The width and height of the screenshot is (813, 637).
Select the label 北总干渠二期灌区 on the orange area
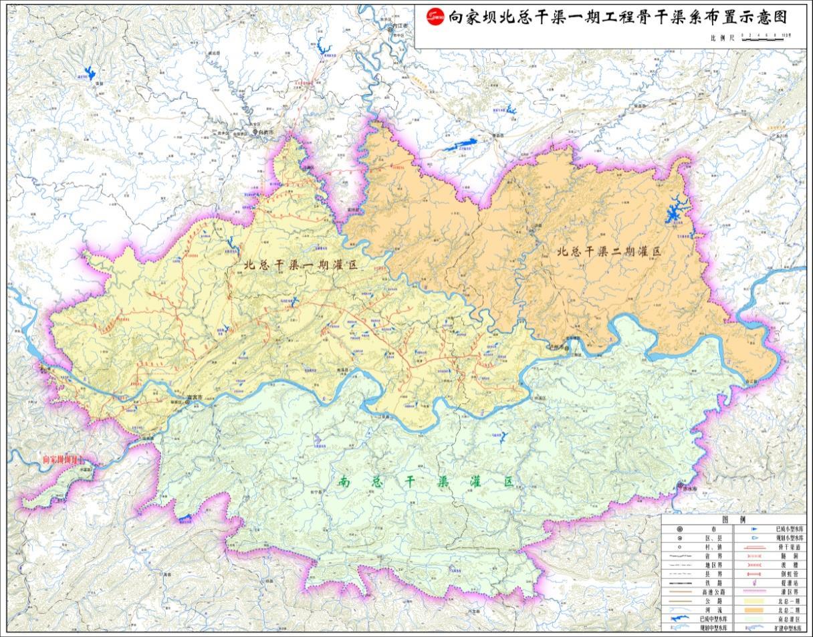tap(608, 252)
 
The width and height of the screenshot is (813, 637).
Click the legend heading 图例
tap(733, 520)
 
